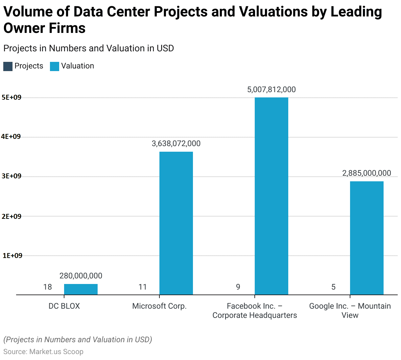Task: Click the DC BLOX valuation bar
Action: tap(81, 289)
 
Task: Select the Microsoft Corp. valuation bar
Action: tap(176, 223)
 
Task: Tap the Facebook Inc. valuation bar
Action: tap(271, 196)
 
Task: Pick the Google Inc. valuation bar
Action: tap(366, 238)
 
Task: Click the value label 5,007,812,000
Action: tap(271, 90)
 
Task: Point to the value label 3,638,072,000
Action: tap(176, 143)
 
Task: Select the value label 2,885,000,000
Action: tap(366, 173)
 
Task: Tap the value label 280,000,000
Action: tap(81, 276)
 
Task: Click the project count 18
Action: tap(48, 287)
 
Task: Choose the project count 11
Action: tap(143, 287)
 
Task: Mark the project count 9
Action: tap(238, 287)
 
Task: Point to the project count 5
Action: tap(333, 287)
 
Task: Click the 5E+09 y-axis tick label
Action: tap(11, 97)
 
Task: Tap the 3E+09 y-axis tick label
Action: tap(11, 176)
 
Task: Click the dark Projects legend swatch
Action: tap(8, 66)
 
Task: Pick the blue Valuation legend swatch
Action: tap(54, 66)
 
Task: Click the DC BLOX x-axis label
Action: tap(64, 306)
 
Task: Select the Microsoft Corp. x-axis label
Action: tap(159, 306)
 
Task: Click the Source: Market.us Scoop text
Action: tap(43, 351)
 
